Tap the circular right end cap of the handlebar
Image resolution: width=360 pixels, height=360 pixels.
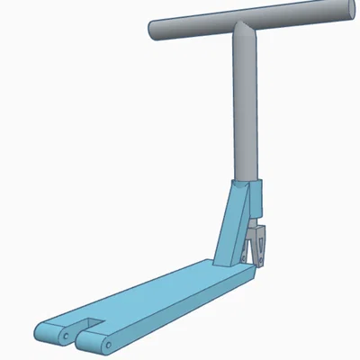[343, 12]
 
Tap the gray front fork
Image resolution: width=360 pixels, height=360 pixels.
[258, 245]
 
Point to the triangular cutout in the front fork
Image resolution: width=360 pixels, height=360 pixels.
[253, 243]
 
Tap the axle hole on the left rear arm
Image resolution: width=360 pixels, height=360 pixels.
[67, 335]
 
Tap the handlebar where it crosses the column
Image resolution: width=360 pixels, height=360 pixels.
[244, 30]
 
